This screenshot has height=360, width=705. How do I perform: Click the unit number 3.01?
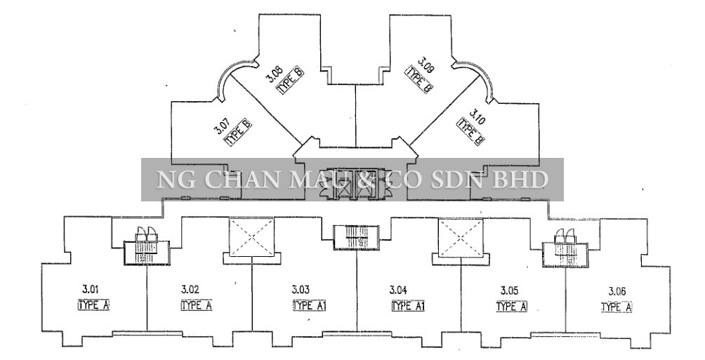(91, 288)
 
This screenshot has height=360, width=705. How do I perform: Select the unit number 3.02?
(190, 289)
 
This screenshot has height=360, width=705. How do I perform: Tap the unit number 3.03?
(301, 289)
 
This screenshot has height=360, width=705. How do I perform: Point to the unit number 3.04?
(398, 290)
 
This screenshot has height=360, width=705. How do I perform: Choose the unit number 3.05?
(509, 291)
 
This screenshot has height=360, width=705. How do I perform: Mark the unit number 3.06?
(617, 291)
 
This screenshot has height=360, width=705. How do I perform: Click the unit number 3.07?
(220, 126)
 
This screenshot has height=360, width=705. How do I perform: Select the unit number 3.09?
(425, 65)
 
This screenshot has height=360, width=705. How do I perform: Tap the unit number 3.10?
(477, 115)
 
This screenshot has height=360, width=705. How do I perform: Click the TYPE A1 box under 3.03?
(310, 306)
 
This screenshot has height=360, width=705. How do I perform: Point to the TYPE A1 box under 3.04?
(408, 307)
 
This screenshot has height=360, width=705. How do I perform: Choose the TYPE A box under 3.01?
(93, 305)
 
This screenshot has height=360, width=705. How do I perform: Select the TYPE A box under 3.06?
(617, 307)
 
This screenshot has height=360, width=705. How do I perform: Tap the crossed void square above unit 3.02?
(252, 237)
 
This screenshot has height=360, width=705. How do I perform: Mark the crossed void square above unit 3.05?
(461, 238)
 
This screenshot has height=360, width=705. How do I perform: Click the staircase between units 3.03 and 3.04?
(356, 237)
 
